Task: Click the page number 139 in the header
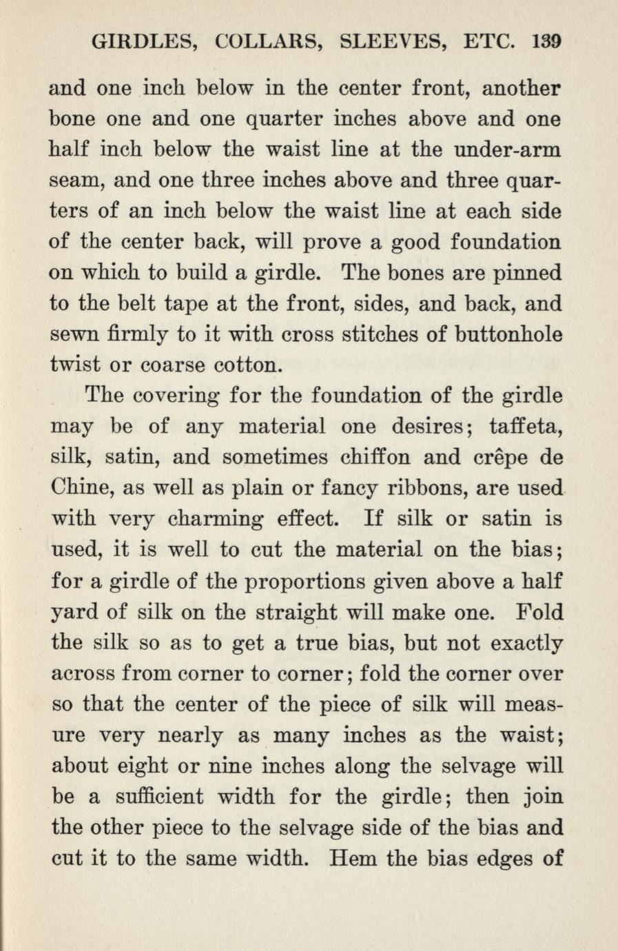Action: pyautogui.click(x=548, y=42)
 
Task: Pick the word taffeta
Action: pyautogui.click(x=527, y=427)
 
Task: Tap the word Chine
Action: pyautogui.click(x=81, y=489)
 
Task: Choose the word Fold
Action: pyautogui.click(x=539, y=612)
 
